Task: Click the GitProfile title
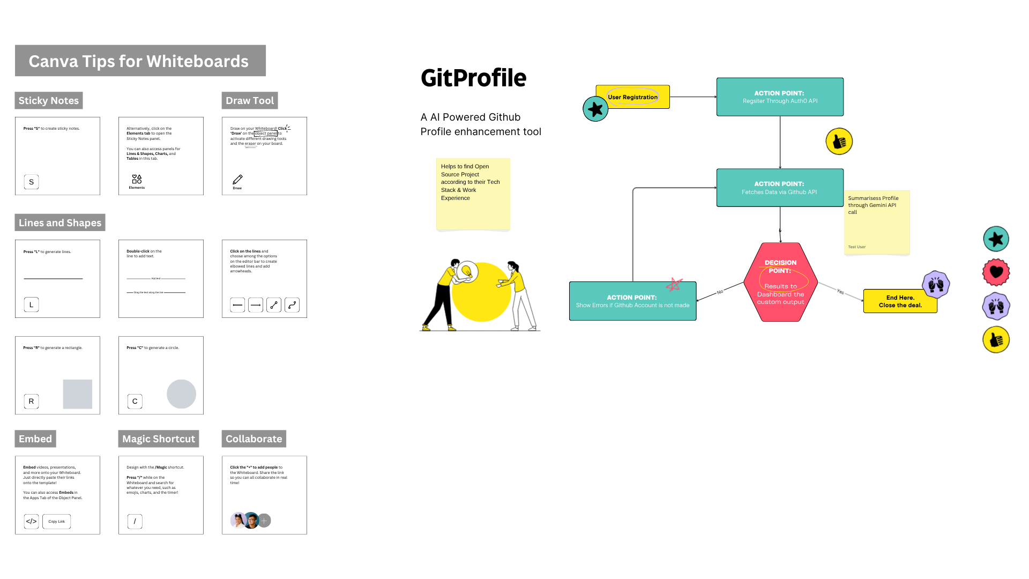473,78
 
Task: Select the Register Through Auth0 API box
780,97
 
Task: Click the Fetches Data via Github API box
780,188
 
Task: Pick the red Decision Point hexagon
780,283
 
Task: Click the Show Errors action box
632,301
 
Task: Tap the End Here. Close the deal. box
900,301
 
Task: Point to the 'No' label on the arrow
720,292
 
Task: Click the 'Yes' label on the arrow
840,292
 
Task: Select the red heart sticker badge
996,272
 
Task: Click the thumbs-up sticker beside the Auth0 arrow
839,142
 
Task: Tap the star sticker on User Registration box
595,109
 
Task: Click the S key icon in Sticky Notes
31,182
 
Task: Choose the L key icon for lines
31,305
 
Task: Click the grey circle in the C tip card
181,394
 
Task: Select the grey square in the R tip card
78,394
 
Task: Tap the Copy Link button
56,522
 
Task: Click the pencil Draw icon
237,180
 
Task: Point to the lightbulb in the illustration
467,272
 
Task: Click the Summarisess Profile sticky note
877,222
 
